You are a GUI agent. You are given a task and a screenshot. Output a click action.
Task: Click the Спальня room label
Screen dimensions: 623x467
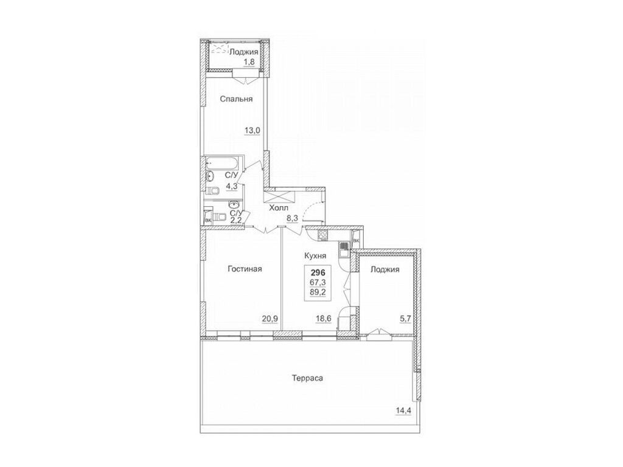[237, 99]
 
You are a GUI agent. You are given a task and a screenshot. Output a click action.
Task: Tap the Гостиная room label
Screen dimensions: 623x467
[245, 269]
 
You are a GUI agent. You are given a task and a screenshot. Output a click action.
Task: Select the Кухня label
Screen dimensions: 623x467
[315, 256]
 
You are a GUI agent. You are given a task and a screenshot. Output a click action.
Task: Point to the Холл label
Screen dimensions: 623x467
[279, 208]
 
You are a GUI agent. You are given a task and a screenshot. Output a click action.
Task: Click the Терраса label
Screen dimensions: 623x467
[307, 378]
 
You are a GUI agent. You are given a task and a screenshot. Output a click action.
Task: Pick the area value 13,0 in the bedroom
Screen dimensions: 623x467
[252, 130]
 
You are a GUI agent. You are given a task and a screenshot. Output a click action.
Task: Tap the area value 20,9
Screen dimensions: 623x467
[270, 319]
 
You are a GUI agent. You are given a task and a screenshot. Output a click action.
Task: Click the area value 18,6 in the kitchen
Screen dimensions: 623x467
[324, 319]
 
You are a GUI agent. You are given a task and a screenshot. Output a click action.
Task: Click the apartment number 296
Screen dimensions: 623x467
[318, 273]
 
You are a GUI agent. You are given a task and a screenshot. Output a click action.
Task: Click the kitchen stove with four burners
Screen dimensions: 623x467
[322, 235]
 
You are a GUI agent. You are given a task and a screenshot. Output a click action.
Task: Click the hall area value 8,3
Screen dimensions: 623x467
[293, 218]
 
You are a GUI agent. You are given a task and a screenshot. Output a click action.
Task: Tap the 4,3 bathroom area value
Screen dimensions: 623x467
[232, 185]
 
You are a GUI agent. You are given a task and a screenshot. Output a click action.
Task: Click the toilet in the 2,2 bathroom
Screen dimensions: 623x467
[218, 217]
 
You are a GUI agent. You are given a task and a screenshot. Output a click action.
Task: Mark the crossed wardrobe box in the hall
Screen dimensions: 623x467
[279, 196]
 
